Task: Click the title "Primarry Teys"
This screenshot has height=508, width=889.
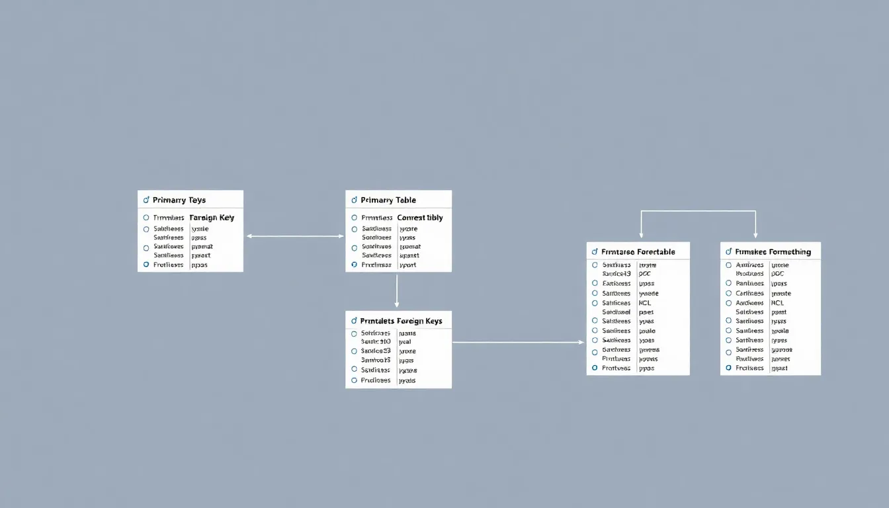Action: tap(179, 200)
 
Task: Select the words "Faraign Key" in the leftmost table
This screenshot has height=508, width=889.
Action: tap(212, 218)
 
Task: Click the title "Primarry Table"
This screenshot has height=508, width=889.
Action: tap(388, 200)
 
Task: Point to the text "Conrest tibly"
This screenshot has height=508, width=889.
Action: tap(420, 218)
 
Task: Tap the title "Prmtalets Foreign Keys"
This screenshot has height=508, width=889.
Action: tap(402, 321)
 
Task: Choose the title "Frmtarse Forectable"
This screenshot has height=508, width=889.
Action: tap(638, 252)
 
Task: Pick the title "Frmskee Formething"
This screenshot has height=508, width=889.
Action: tap(773, 252)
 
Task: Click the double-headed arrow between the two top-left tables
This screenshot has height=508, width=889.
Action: tap(294, 235)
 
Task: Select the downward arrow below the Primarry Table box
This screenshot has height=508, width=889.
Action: tap(397, 291)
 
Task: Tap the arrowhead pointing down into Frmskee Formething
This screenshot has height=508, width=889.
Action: tap(755, 235)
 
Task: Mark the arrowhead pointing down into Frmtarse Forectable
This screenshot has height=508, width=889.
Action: tap(641, 235)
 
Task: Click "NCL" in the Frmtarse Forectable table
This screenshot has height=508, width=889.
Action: tap(645, 303)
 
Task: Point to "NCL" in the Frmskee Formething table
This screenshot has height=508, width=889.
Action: tap(777, 303)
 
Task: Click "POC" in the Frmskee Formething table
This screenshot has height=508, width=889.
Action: tap(778, 273)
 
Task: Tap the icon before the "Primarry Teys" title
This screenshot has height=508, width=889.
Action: tap(146, 200)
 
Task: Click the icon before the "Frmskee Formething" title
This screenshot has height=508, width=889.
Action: tap(729, 252)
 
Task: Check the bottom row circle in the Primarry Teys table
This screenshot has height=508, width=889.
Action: tap(146, 265)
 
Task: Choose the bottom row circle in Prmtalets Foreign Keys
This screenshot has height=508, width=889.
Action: tap(355, 380)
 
